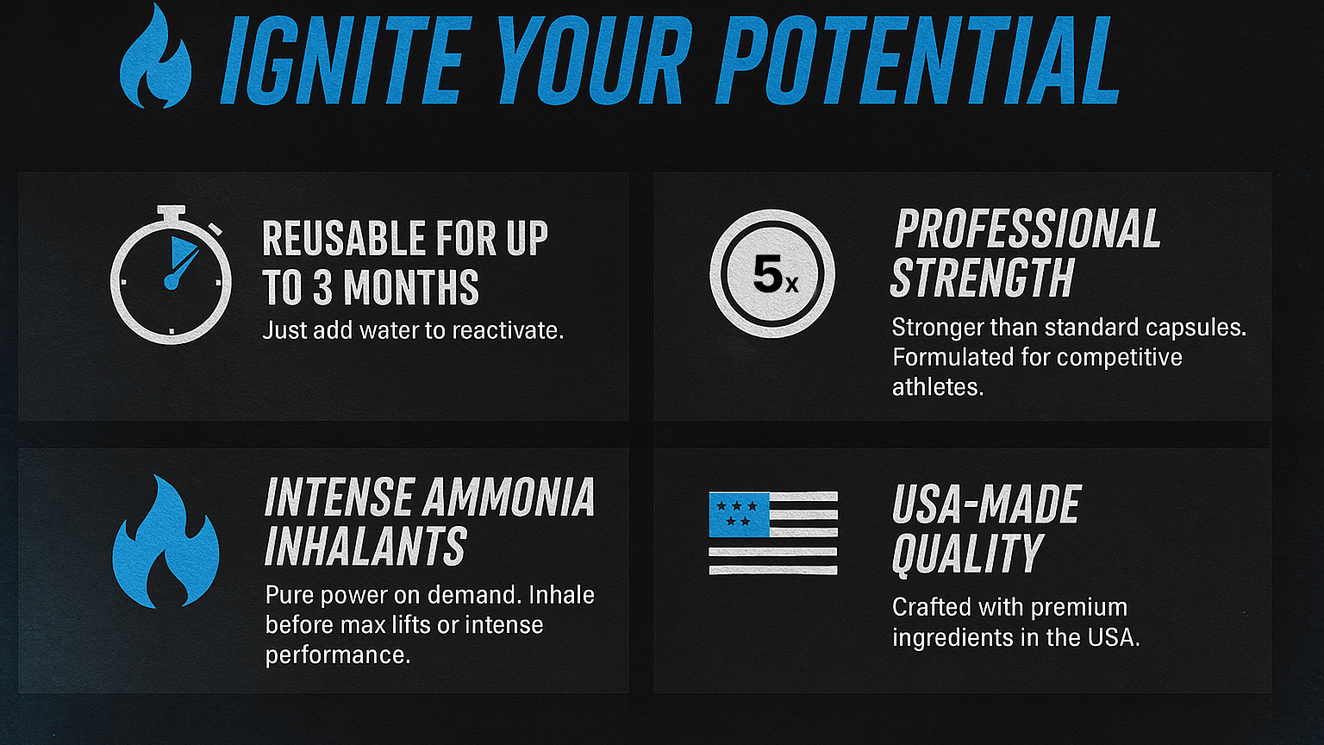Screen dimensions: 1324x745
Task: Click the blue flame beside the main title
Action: [155, 59]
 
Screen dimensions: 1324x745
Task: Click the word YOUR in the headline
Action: [593, 60]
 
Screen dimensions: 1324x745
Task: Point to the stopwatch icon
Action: [170, 275]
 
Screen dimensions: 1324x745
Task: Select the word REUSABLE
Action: [344, 238]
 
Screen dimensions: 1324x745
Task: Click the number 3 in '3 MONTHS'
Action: [322, 287]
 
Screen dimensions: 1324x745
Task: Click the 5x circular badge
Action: [772, 273]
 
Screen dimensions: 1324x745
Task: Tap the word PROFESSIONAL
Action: [1027, 229]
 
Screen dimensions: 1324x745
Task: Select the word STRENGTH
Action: [982, 278]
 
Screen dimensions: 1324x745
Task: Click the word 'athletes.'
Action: [938, 387]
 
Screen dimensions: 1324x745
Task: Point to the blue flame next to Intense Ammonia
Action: [165, 542]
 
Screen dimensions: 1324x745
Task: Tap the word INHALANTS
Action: [365, 547]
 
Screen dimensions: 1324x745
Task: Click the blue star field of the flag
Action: [739, 515]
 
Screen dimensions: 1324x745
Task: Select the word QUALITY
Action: [968, 554]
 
